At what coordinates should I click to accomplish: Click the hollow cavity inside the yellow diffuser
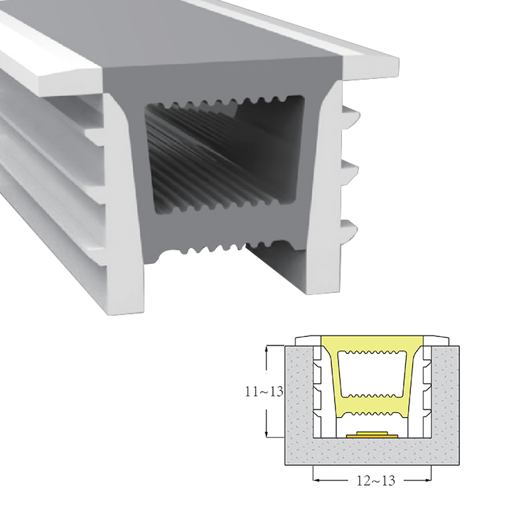click(373, 373)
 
